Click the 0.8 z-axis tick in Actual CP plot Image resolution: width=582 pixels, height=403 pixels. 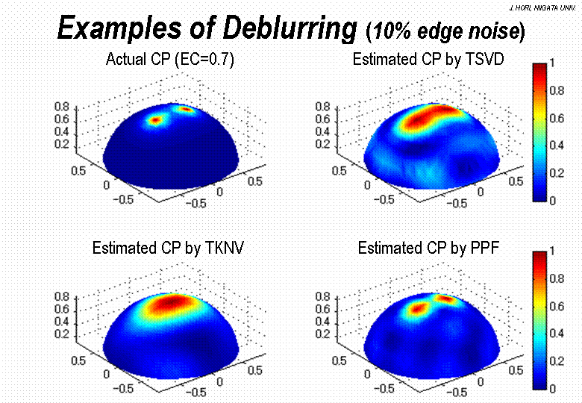coord(60,107)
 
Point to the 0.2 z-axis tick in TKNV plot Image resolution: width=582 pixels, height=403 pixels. coord(60,333)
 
